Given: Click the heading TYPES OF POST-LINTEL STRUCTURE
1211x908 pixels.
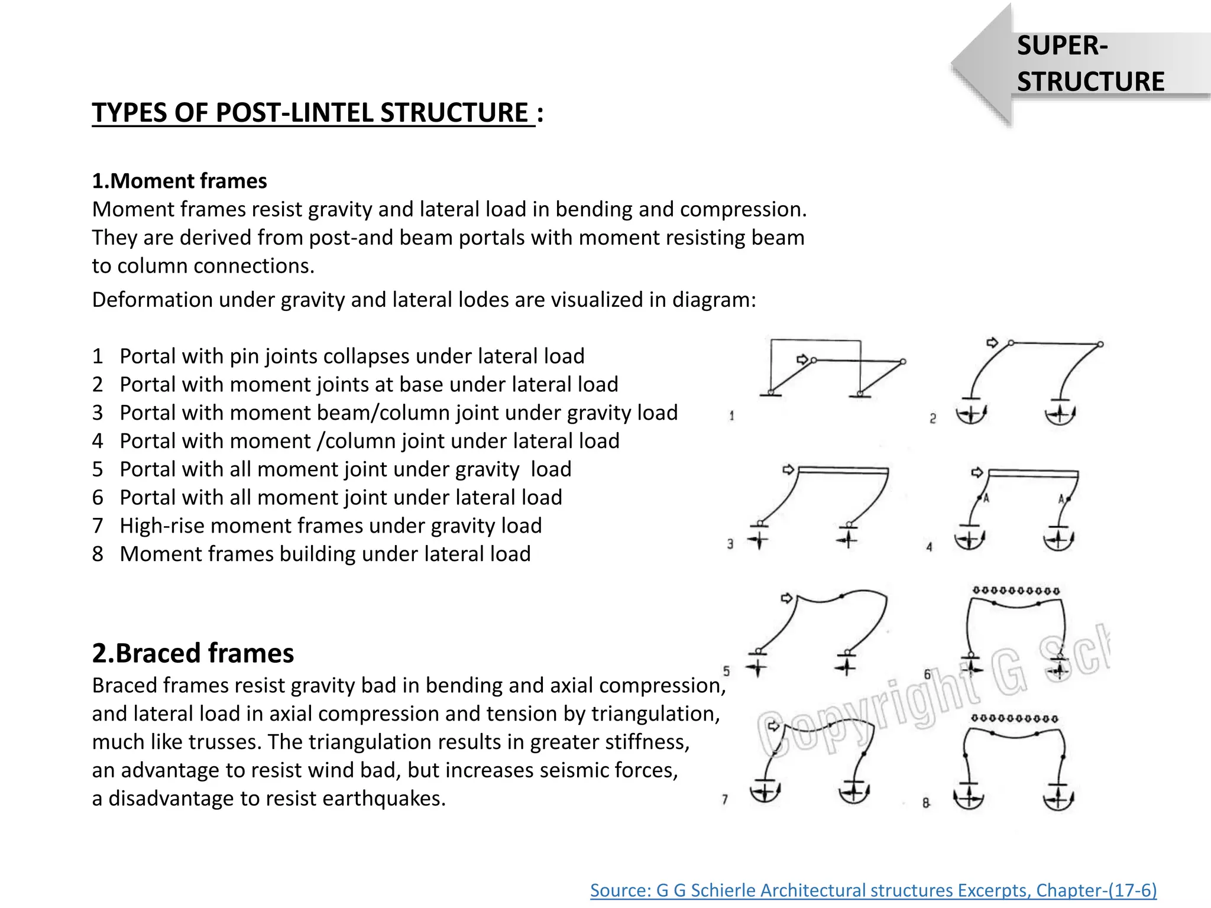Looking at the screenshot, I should pyautogui.click(x=313, y=113).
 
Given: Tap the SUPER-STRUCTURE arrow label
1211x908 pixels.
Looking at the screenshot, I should pyautogui.click(x=1090, y=64).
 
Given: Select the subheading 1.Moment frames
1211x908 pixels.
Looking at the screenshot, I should pyautogui.click(x=179, y=181).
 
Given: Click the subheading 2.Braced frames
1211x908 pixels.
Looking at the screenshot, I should pyautogui.click(x=193, y=653).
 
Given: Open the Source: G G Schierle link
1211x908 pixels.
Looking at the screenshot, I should pyautogui.click(x=873, y=890).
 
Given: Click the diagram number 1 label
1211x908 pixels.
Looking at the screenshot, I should pyautogui.click(x=731, y=416).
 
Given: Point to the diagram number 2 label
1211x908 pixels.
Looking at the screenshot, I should pyautogui.click(x=932, y=419).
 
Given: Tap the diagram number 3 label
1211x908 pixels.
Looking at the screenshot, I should pyautogui.click(x=730, y=544).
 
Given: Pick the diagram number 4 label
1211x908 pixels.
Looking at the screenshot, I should pyautogui.click(x=929, y=547).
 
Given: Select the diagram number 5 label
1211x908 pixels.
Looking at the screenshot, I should pyautogui.click(x=726, y=671).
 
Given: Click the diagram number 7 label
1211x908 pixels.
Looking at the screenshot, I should pyautogui.click(x=725, y=799).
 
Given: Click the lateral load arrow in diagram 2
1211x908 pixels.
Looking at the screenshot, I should pyautogui.click(x=992, y=342).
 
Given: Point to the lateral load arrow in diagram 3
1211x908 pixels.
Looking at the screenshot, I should pyautogui.click(x=788, y=469).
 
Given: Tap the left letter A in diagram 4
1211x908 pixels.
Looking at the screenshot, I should pyautogui.click(x=986, y=498).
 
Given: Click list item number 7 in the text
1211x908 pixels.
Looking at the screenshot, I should pyautogui.click(x=98, y=526).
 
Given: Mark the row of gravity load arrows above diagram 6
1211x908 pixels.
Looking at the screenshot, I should pyautogui.click(x=1016, y=591).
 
